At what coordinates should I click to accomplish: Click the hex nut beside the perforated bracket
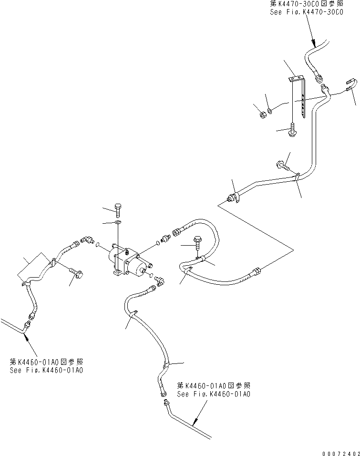coord(262,114)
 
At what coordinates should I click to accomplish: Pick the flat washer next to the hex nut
coord(270,112)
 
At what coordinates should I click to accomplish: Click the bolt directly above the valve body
coord(118,209)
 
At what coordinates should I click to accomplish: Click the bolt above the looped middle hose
coord(197,241)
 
